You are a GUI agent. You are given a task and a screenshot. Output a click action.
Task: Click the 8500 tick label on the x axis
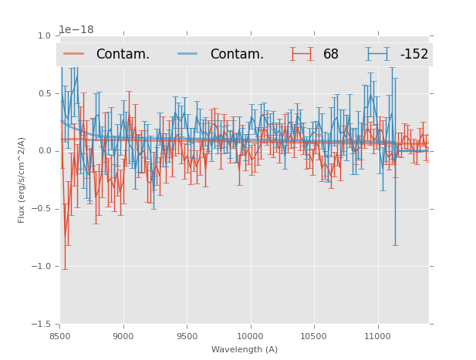tap(60, 336)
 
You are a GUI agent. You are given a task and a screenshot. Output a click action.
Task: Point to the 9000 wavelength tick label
tap(123, 336)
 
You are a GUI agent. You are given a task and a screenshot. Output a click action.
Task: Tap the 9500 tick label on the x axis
tap(187, 336)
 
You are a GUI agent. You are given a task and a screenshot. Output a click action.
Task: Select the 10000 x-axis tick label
tap(250, 336)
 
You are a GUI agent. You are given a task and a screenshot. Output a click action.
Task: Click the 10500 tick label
tap(314, 336)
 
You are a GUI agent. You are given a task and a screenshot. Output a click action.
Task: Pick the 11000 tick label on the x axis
tap(377, 336)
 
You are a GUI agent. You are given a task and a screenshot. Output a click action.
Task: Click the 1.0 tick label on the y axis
tap(44, 36)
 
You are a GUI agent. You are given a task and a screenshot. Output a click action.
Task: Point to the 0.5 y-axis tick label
tap(44, 93)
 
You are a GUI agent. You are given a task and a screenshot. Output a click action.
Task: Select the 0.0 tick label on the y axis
tap(44, 151)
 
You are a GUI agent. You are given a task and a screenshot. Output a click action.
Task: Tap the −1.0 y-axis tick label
tap(42, 267)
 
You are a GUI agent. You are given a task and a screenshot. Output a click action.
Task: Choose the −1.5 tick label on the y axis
tap(42, 325)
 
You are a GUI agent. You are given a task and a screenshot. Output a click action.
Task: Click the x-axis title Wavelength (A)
tap(245, 349)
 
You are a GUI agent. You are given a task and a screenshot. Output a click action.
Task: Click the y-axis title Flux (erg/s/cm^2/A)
tap(22, 180)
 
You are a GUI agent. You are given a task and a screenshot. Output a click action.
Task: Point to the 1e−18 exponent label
tap(76, 30)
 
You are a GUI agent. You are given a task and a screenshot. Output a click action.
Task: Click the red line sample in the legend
tap(75, 54)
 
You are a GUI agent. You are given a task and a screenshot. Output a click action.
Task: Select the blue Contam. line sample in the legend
tap(189, 54)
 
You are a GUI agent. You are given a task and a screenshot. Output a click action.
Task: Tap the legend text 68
tap(331, 54)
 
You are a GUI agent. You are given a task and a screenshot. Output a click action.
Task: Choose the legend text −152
tap(414, 54)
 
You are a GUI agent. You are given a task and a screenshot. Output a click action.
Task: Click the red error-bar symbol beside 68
tap(302, 54)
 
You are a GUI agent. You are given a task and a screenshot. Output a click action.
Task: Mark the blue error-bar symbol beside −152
tap(377, 54)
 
